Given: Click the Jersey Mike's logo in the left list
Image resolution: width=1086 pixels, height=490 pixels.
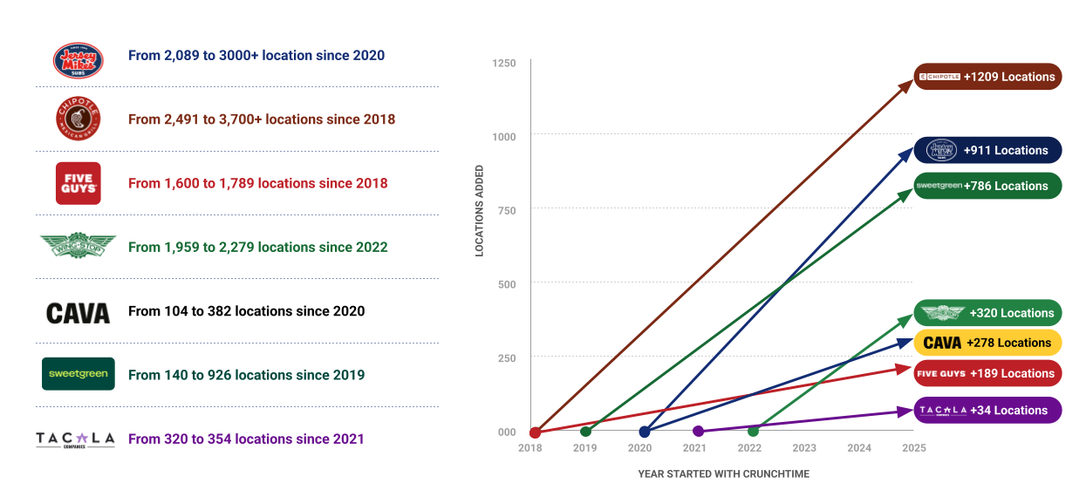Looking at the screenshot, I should point(79,59).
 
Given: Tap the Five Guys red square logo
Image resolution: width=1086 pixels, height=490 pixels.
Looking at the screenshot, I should point(79,183).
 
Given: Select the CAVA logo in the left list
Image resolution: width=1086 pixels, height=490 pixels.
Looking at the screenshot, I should point(79,313).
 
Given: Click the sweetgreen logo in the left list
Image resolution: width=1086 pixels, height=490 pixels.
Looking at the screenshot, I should point(79,374).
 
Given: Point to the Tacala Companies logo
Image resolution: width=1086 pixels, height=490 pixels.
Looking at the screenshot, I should point(75,439).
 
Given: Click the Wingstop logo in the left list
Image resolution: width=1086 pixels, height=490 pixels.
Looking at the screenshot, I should point(78,246).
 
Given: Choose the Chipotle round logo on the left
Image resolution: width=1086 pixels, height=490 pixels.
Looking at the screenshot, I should point(79,119).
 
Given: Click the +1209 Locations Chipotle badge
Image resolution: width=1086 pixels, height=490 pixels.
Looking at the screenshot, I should point(987,77).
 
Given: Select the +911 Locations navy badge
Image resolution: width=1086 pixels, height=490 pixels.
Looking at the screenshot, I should point(987,150).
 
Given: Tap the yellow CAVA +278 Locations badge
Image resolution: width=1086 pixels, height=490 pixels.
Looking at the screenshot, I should point(987,343).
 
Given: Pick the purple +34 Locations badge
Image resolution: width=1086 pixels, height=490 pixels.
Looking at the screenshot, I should point(987,410).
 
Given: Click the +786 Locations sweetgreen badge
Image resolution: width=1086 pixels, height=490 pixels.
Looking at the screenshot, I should point(987,186).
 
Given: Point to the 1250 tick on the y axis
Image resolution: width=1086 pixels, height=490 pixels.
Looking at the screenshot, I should point(504,64).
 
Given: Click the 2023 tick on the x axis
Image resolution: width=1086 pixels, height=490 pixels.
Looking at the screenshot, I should point(804,448).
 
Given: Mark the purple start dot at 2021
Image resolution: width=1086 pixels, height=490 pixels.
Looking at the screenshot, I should point(698,431).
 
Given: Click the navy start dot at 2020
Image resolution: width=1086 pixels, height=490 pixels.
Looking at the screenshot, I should point(645,432).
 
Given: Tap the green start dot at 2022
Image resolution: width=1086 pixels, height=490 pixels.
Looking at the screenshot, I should point(753,431).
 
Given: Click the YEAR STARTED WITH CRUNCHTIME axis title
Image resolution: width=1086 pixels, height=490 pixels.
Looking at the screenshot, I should point(723,473).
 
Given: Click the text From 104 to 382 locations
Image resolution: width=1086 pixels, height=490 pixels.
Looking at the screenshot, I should point(246,311).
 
